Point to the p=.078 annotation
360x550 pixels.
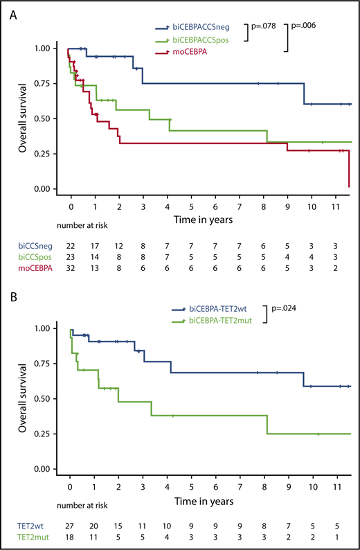(x=265, y=26)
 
